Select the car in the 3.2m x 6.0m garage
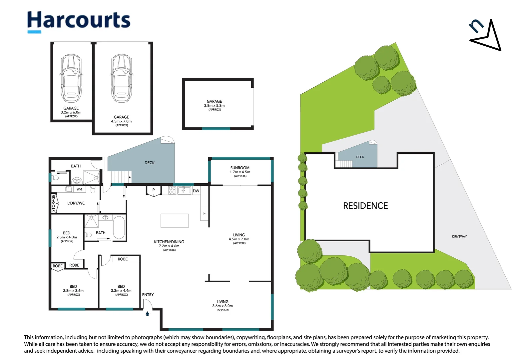[x=71, y=78]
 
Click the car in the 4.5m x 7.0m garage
[x=121, y=78]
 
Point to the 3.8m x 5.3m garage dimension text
[x=214, y=106]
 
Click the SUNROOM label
[x=240, y=168]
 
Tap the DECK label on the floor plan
[x=149, y=163]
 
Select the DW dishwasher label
[x=196, y=191]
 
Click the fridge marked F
[x=204, y=213]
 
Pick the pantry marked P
[x=154, y=191]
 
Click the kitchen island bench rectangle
[x=175, y=221]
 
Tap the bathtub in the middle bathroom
[x=119, y=227]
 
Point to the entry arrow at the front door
[x=147, y=314]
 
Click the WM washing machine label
[x=79, y=189]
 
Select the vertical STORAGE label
[x=54, y=203]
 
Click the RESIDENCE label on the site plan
[x=365, y=206]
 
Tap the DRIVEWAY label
[x=459, y=236]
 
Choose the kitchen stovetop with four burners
[x=172, y=190]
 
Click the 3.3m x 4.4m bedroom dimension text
[x=121, y=291]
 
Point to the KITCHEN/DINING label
[x=169, y=242]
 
